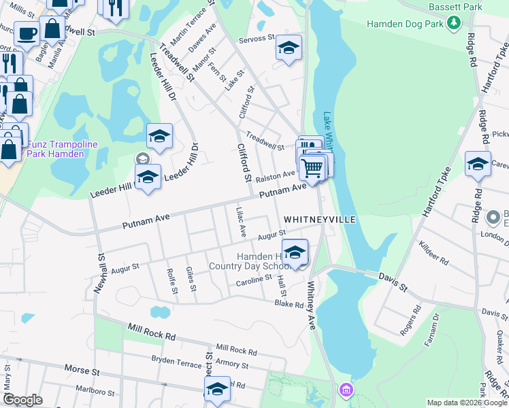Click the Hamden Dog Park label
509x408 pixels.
click(405, 24)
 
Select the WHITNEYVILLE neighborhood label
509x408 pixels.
click(319, 220)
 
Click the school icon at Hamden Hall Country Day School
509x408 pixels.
click(295, 252)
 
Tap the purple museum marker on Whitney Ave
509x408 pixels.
click(346, 390)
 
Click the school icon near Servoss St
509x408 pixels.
click(289, 48)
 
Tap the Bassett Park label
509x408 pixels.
click(455, 7)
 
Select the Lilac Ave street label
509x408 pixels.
click(240, 222)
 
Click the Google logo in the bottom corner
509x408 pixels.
click(22, 400)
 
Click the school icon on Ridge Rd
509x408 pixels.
click(478, 163)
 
